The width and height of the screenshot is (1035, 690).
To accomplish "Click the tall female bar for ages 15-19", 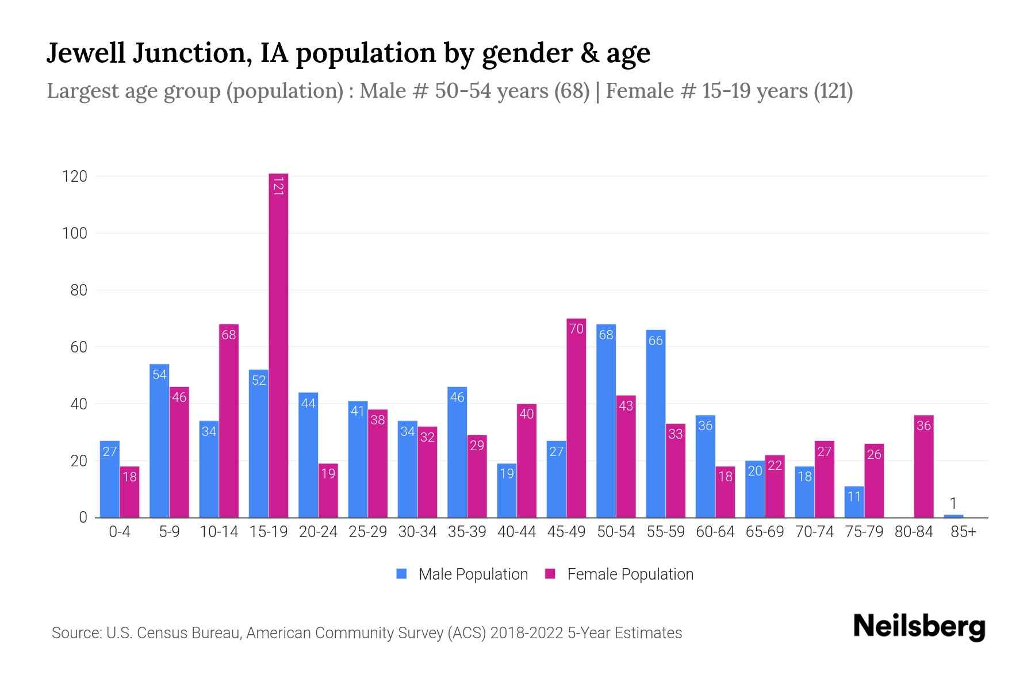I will click(x=278, y=345).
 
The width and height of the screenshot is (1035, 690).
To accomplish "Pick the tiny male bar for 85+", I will click(x=953, y=516).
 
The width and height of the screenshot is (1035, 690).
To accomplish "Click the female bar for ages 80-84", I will click(x=923, y=466).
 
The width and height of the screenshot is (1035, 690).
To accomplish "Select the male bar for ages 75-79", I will click(x=854, y=502).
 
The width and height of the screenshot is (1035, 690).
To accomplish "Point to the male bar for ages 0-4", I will click(x=110, y=479).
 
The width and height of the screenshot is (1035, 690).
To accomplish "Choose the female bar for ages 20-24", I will click(x=328, y=490).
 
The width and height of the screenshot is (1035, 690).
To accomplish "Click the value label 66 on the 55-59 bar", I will click(x=655, y=340).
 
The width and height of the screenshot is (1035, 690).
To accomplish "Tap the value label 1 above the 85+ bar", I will click(x=953, y=504).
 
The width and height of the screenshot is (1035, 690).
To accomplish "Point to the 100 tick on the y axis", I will click(x=75, y=233).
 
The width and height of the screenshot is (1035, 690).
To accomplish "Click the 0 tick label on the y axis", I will click(x=83, y=517).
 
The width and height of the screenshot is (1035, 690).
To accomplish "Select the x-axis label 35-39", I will click(x=467, y=532).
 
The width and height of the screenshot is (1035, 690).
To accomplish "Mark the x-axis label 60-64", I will click(x=715, y=532).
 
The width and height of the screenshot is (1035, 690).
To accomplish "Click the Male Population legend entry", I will click(x=462, y=574).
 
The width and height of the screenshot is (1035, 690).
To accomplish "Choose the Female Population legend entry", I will click(x=619, y=574).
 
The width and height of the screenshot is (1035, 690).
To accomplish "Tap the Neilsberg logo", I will click(x=919, y=627).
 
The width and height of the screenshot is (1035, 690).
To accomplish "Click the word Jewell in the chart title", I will click(x=86, y=53).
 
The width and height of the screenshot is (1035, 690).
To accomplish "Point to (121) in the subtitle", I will click(x=833, y=91).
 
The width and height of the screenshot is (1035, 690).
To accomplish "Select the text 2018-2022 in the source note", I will click(x=527, y=633).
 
